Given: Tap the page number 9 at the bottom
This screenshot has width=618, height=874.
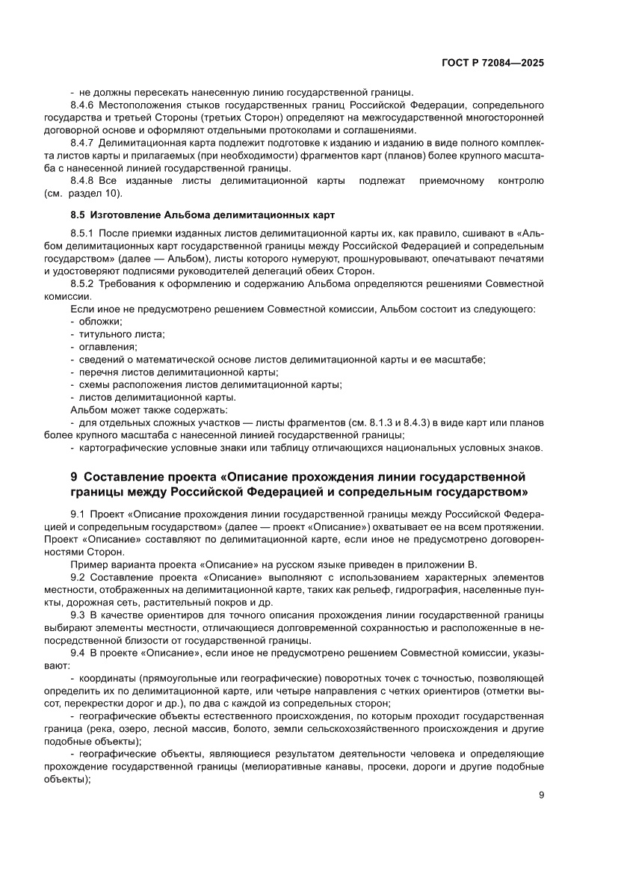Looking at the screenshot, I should pyautogui.click(x=541, y=795).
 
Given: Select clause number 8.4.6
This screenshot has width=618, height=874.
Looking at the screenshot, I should pyautogui.click(x=82, y=105).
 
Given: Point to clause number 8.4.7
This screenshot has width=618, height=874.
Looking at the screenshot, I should pyautogui.click(x=82, y=142).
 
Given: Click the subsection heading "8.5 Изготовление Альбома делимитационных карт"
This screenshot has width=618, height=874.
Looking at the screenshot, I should pyautogui.click(x=198, y=215).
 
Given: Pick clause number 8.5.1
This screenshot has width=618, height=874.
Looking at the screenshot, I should pyautogui.click(x=82, y=234).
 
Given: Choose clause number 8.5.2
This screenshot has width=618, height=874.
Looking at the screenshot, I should pyautogui.click(x=82, y=284).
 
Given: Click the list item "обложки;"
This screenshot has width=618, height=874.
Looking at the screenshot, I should pyautogui.click(x=101, y=321).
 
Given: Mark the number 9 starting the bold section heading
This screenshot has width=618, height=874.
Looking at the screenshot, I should pyautogui.click(x=73, y=477).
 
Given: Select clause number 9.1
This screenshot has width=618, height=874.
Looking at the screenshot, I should pyautogui.click(x=78, y=515).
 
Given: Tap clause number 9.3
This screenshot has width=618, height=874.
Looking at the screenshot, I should pyautogui.click(x=78, y=615).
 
